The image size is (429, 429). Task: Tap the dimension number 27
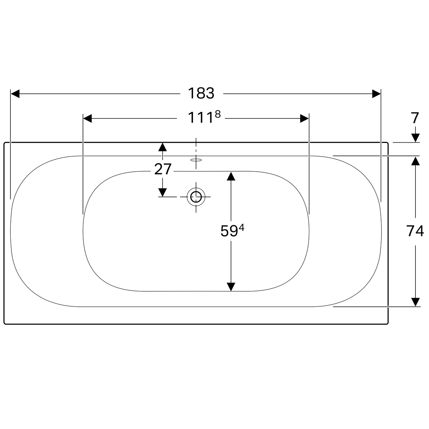(x=163, y=169)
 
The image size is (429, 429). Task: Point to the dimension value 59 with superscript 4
(x=232, y=231)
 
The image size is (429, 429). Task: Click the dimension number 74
(x=415, y=231)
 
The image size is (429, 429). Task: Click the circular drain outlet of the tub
(x=196, y=197)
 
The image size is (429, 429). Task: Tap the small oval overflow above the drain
(x=196, y=160)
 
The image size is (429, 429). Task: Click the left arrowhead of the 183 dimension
(x=15, y=94)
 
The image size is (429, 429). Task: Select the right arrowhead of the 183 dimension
(x=376, y=94)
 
